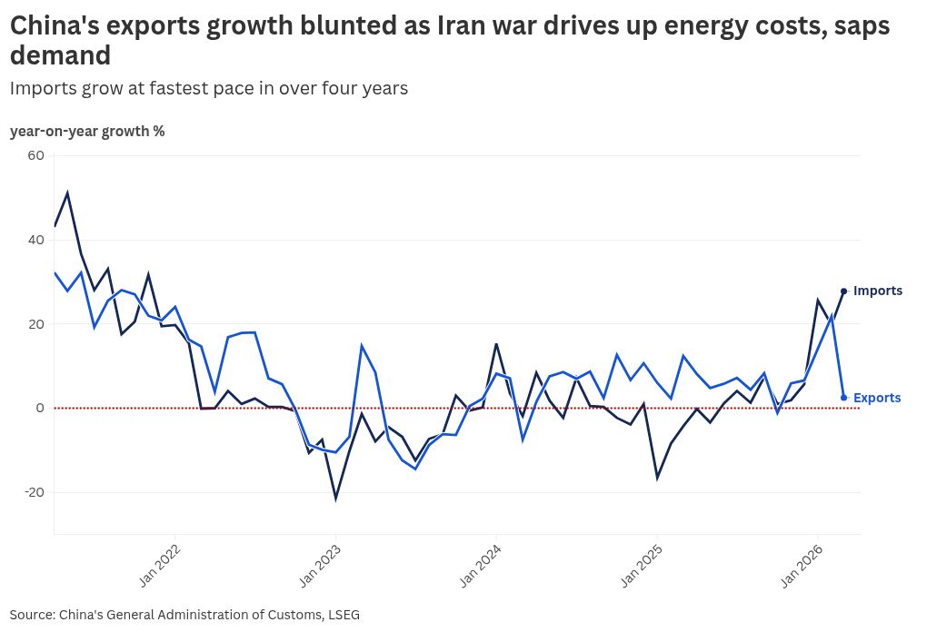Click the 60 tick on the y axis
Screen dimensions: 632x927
tap(35, 155)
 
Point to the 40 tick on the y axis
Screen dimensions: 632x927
tap(35, 240)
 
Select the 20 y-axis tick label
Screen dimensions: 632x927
tap(35, 324)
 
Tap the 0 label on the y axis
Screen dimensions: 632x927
tap(40, 408)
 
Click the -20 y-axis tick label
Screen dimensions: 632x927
tap(33, 492)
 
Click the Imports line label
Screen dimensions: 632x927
tap(878, 291)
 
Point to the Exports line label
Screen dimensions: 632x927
tap(877, 398)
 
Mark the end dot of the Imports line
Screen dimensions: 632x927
tap(844, 291)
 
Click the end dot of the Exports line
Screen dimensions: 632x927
tap(844, 398)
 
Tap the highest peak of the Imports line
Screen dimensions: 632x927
tap(67, 193)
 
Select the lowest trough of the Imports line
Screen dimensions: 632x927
tap(335, 499)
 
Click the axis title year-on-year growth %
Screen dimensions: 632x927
tap(87, 131)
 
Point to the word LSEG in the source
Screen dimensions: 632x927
tap(342, 615)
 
